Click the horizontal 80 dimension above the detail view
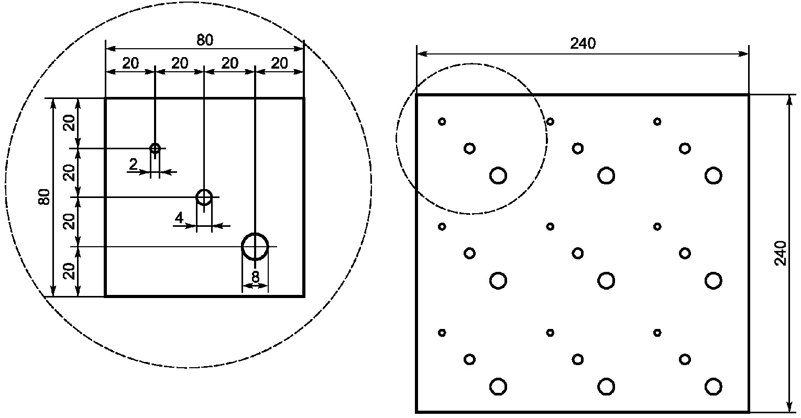[205, 40]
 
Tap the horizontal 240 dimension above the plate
[583, 44]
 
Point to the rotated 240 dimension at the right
[781, 253]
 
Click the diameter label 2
[133, 165]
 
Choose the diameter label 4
[179, 218]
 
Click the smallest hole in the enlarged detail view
[155, 148]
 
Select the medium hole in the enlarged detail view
[204, 197]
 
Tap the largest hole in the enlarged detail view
[255, 246]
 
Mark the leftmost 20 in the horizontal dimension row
[130, 63]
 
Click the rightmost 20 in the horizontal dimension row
[280, 63]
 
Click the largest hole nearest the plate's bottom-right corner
[713, 387]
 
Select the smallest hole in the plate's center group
[550, 226]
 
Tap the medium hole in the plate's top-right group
[685, 148]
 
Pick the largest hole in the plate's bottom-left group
[498, 387]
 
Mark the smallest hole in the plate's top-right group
[657, 122]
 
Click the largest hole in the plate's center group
[606, 281]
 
